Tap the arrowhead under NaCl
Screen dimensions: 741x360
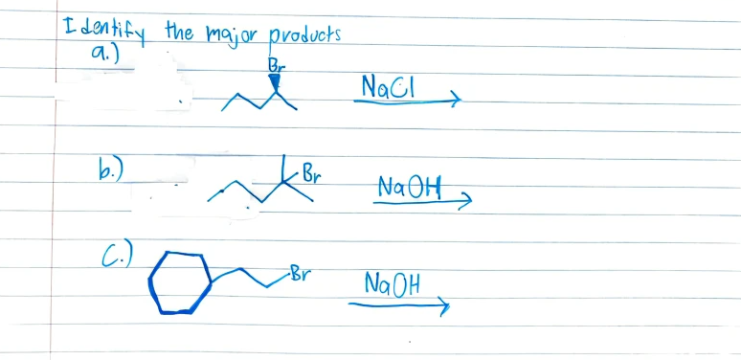(456, 98)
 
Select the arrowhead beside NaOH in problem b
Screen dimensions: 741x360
(465, 198)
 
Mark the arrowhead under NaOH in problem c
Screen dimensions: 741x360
(440, 305)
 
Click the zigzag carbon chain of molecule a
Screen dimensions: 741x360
(251, 100)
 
